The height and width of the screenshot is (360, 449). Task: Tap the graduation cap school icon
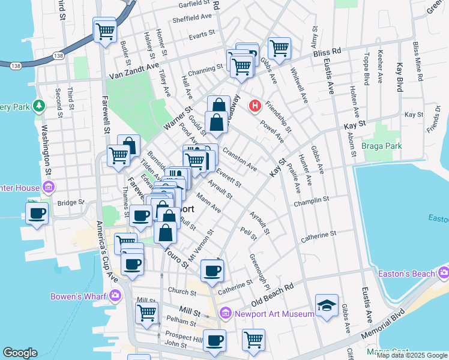327,305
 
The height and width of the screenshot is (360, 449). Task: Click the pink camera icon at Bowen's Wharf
115,296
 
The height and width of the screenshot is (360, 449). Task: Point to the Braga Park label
381,145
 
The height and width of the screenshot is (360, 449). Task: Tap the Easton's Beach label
406,274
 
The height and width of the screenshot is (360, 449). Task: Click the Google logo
20,353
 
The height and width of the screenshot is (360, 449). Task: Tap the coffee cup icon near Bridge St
37,213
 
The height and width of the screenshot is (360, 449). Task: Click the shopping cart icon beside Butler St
105,29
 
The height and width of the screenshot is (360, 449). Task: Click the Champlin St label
312,202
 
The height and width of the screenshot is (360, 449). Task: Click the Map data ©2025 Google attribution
411,355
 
